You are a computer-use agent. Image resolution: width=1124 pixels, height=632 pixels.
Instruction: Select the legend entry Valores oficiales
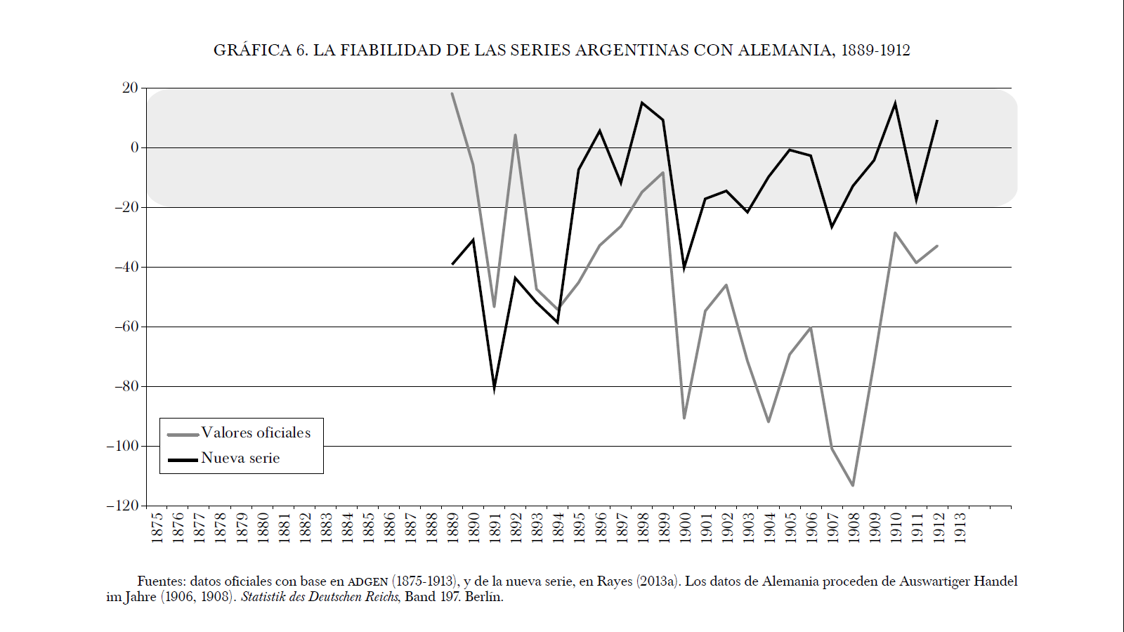[x=256, y=433]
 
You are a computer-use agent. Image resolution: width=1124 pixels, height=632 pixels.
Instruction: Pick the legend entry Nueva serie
[x=240, y=458]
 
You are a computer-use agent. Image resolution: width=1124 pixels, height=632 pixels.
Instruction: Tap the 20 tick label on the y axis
[x=130, y=88]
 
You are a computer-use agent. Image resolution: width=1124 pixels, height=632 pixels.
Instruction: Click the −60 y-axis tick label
[x=126, y=327]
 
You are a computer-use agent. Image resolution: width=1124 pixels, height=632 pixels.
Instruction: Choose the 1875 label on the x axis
[x=157, y=527]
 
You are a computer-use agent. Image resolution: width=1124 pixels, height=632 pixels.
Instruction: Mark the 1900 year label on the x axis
[x=685, y=527]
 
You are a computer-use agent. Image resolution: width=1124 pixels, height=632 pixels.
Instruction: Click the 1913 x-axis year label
[x=960, y=527]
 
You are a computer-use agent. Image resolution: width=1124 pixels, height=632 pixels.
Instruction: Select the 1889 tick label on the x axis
[x=452, y=527]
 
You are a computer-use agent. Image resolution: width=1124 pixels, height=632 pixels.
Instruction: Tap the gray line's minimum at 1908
[x=853, y=485]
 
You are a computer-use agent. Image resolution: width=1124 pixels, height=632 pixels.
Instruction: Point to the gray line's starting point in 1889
[x=452, y=93]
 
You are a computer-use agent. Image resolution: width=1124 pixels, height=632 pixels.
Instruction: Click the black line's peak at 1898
[x=642, y=103]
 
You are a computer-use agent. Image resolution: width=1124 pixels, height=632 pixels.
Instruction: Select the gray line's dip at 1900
[x=684, y=418]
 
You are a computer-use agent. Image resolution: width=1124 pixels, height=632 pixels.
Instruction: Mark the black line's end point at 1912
[x=937, y=121]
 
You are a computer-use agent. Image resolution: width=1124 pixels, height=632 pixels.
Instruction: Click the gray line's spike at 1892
[x=516, y=135]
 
